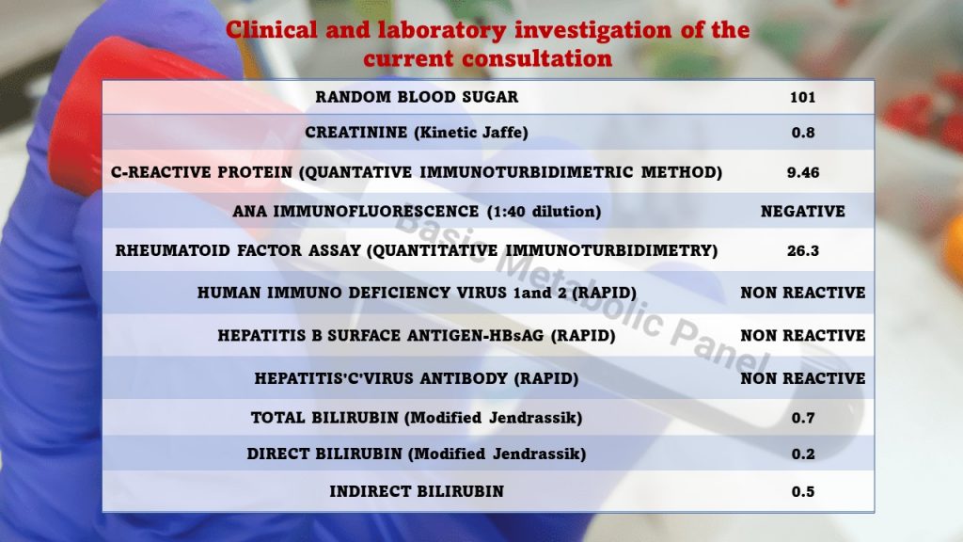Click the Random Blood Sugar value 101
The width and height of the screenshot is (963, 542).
(802, 97)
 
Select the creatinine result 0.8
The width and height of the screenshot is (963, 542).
(802, 133)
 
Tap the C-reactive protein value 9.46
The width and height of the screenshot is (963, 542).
(802, 172)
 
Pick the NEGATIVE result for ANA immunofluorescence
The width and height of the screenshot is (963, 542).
(802, 212)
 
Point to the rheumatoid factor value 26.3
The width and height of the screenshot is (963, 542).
(802, 251)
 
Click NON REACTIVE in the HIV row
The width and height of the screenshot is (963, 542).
(802, 293)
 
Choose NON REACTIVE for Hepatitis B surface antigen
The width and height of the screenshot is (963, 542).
(802, 335)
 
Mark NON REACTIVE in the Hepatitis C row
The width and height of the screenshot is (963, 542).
(802, 378)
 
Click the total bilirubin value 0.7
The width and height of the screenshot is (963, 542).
(802, 418)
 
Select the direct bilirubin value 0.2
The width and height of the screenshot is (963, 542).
(802, 454)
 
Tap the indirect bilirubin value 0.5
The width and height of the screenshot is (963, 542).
(802, 491)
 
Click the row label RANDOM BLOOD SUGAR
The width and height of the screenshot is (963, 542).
(417, 97)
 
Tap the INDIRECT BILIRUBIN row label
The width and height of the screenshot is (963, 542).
(417, 491)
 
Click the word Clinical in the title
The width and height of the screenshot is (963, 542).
(266, 30)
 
